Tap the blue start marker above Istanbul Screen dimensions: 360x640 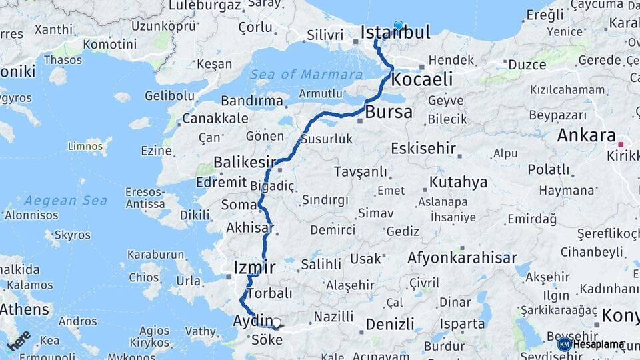pos(399,26)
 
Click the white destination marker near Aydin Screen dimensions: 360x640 pos(276,323)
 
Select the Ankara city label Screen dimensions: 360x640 pos(586,136)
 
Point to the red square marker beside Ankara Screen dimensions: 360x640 pos(621,144)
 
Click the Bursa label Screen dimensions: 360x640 pos(389,112)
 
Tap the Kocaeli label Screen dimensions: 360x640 pos(422,79)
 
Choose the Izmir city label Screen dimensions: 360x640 pos(254,268)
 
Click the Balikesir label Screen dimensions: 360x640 pos(245,162)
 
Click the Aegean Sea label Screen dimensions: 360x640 pos(65,200)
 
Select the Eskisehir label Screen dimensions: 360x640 pos(423,147)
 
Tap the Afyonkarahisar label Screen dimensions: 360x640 pos(462,258)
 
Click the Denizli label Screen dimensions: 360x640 pos(390,325)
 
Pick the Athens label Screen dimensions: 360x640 pos(25,309)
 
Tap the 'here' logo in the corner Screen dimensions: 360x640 pos(18,340)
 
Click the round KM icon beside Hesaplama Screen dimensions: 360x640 pos(565,344)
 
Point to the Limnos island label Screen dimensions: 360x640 pos(85,145)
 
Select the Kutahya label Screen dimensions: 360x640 pos(458,182)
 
